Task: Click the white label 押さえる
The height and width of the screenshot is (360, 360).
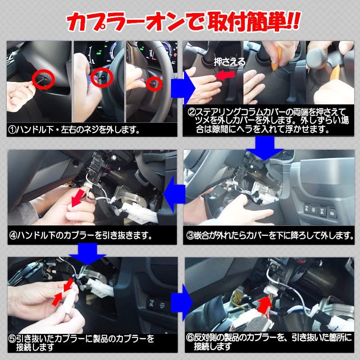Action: click(x=229, y=62)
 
